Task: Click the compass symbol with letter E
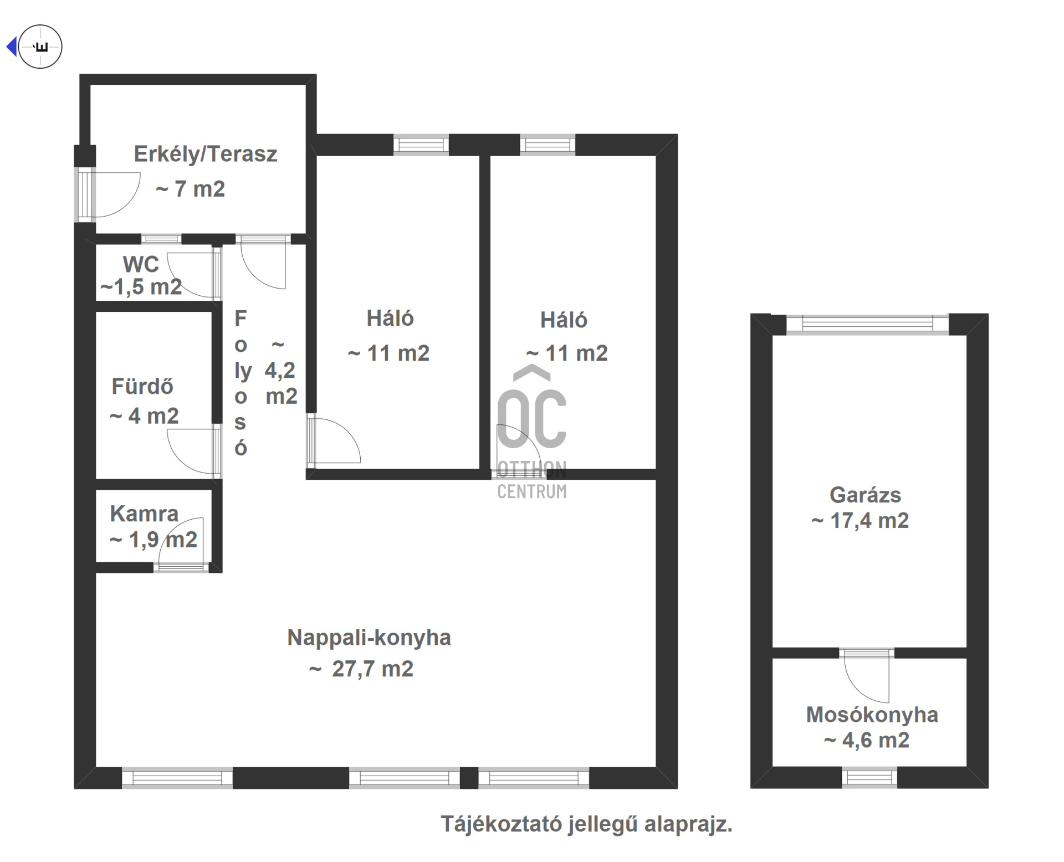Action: click(x=40, y=47)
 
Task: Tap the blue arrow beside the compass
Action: click(x=11, y=47)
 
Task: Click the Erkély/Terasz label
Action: click(x=206, y=154)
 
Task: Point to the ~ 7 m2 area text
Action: click(x=190, y=189)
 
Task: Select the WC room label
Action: click(x=141, y=264)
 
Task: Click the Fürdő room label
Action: click(x=142, y=386)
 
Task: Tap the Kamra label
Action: click(x=144, y=514)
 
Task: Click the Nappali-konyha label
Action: click(x=369, y=638)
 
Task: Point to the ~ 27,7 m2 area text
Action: click(x=361, y=669)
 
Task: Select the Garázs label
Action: click(x=865, y=495)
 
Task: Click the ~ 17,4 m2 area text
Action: click(x=860, y=521)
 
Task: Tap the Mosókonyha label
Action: click(x=872, y=715)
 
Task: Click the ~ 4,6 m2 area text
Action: click(x=867, y=741)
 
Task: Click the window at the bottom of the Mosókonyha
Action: click(x=869, y=778)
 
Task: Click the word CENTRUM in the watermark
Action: click(x=532, y=491)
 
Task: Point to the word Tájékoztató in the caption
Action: click(x=501, y=824)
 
